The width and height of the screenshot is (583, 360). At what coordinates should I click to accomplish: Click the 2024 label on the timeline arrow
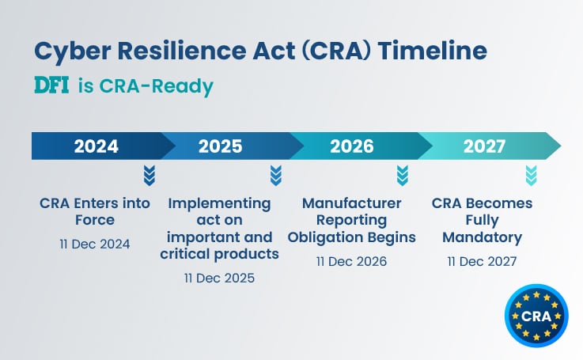click(96, 146)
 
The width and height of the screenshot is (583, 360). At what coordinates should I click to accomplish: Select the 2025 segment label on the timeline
click(220, 146)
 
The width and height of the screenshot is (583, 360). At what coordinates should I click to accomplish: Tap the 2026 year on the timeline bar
click(352, 146)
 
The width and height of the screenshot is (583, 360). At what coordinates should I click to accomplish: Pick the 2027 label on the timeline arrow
click(485, 146)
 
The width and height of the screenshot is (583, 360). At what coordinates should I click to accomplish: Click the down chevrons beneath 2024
click(150, 174)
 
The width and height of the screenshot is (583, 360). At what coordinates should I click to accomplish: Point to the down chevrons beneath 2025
click(275, 174)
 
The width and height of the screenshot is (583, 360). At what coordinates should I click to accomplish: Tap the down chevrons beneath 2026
click(402, 174)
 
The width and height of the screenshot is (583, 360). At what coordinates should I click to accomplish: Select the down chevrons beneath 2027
click(531, 174)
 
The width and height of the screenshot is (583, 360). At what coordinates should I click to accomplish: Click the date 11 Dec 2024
click(95, 244)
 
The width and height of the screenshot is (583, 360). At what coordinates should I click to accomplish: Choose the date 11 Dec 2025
click(220, 279)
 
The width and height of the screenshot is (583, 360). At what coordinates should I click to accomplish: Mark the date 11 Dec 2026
click(351, 261)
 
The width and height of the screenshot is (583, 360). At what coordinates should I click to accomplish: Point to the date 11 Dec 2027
click(482, 261)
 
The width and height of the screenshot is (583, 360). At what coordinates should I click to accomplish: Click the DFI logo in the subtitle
click(52, 85)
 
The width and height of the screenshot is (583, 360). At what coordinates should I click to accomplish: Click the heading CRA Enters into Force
click(95, 211)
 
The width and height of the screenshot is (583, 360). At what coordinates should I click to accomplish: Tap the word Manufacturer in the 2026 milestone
click(351, 203)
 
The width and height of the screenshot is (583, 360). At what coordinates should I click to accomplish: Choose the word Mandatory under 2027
click(482, 237)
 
